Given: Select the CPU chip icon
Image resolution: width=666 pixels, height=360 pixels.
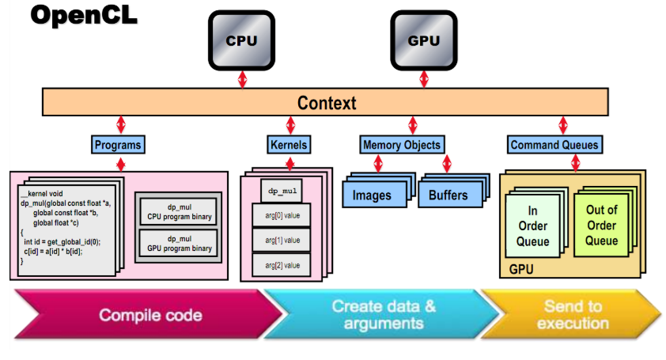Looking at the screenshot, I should [x=242, y=40].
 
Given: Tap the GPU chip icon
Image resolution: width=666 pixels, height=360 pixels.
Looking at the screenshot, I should [x=422, y=40].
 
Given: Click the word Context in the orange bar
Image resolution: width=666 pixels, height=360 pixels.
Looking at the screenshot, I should [x=327, y=103].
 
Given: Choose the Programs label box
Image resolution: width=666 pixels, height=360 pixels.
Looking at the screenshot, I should [x=118, y=145].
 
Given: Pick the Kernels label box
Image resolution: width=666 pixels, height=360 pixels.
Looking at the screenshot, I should [x=288, y=145].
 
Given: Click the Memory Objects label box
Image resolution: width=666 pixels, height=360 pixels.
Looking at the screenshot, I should [x=402, y=145].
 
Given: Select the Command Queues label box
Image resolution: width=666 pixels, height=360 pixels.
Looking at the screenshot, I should [x=554, y=145].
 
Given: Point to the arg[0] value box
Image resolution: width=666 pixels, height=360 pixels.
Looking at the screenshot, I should [x=282, y=214].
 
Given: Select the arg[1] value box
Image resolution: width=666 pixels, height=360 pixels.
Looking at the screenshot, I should [x=282, y=239].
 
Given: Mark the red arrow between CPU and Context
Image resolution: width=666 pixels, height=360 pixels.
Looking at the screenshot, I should [x=242, y=78].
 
